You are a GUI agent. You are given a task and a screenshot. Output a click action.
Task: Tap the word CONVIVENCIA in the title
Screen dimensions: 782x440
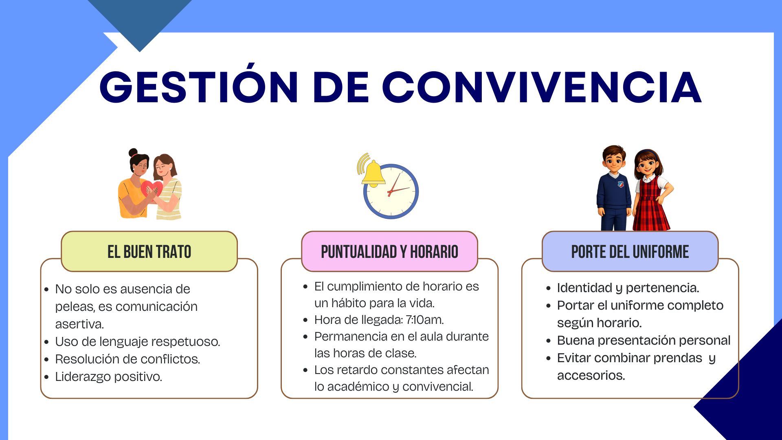point(542,87)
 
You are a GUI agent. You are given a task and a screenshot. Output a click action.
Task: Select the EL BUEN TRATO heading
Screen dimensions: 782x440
point(149,252)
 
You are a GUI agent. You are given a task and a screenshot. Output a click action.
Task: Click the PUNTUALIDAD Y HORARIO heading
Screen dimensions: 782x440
point(389,252)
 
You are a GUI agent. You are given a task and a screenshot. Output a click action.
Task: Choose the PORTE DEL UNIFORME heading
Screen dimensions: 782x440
point(630,252)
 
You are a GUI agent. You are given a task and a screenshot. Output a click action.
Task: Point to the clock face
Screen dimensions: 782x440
point(391,191)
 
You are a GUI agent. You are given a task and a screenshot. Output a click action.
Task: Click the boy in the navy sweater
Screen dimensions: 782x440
point(614,188)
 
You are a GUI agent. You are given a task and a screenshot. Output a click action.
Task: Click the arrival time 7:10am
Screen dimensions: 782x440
point(424,320)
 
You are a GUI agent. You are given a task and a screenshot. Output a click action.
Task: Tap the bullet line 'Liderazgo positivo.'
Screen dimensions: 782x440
point(108,377)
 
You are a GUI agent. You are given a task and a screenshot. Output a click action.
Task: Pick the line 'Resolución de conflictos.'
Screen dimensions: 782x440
point(127,359)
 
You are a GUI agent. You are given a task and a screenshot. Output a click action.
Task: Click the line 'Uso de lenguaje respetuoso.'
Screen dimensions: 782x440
point(138,341)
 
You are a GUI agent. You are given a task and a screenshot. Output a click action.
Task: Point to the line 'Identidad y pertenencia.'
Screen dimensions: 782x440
point(628,288)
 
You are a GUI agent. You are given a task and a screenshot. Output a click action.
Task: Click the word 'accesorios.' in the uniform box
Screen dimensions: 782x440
point(591,375)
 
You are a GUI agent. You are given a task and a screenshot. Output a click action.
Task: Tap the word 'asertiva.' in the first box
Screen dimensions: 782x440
point(79,324)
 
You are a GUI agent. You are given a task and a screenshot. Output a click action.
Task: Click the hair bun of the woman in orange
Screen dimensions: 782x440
point(133,153)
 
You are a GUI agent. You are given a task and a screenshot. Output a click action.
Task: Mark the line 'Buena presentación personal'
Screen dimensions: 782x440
point(644,340)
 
